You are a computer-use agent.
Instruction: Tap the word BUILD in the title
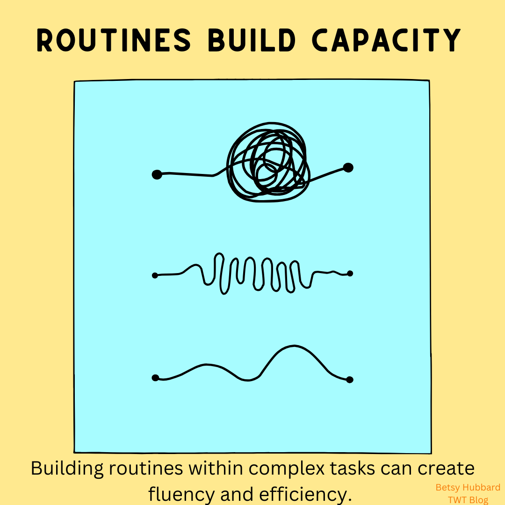(x=252, y=40)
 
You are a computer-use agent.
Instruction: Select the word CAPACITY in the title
(x=387, y=40)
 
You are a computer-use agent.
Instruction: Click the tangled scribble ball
(x=268, y=162)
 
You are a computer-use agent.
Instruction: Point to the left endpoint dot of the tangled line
(x=157, y=174)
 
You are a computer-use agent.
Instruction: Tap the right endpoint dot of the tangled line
(x=348, y=167)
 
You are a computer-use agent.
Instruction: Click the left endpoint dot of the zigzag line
(x=155, y=275)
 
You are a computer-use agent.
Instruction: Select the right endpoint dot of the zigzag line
(x=350, y=274)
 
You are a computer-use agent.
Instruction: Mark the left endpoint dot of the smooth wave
(x=155, y=378)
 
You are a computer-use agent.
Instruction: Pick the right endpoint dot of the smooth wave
(x=350, y=380)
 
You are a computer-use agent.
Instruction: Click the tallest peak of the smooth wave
(x=295, y=346)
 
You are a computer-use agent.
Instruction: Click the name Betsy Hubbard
(x=468, y=487)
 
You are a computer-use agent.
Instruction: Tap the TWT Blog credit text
(x=468, y=500)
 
